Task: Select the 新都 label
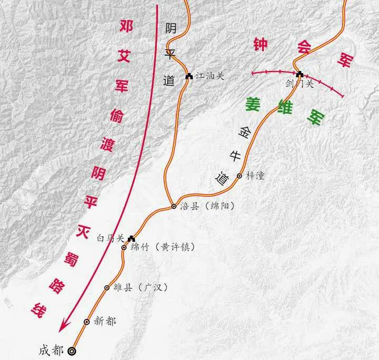coord(105,321)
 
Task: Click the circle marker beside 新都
coord(87,322)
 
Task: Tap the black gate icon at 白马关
coord(132,238)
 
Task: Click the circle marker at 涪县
coord(174,207)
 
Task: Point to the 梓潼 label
coord(255,176)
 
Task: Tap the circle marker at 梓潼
coord(240,176)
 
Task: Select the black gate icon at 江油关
coord(189,76)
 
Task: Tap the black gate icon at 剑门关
coord(300,74)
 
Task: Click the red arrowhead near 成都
coord(64,326)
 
